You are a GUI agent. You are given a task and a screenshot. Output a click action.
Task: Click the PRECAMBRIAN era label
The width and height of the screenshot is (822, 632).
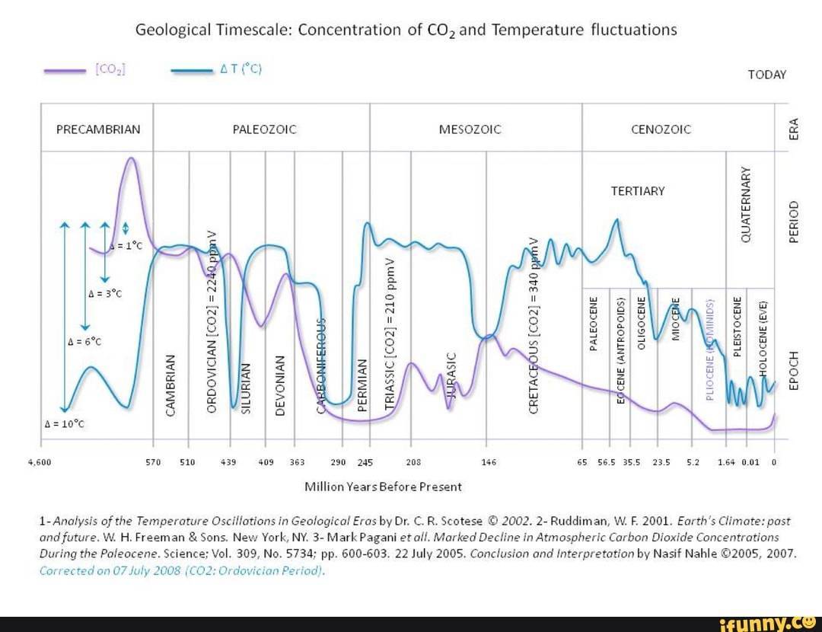tap(98, 129)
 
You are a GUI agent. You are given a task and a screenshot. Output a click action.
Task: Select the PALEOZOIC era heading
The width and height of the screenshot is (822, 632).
tap(264, 129)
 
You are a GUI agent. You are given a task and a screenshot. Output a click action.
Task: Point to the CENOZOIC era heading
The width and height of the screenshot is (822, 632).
tap(661, 129)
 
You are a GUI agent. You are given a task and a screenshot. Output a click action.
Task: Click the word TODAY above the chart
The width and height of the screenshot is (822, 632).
tap(767, 75)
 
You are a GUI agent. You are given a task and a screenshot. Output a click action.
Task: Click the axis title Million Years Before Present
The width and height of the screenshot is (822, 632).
tap(383, 486)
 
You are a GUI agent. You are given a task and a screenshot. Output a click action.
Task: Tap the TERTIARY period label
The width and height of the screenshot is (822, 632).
tap(638, 191)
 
